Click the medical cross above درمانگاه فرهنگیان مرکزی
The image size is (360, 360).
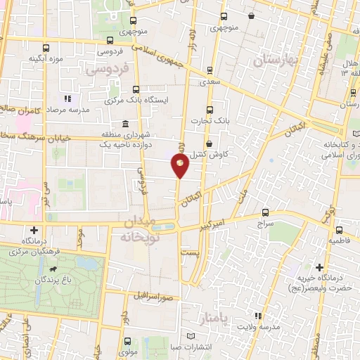point(34,230)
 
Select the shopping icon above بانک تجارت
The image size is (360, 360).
point(210,109)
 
